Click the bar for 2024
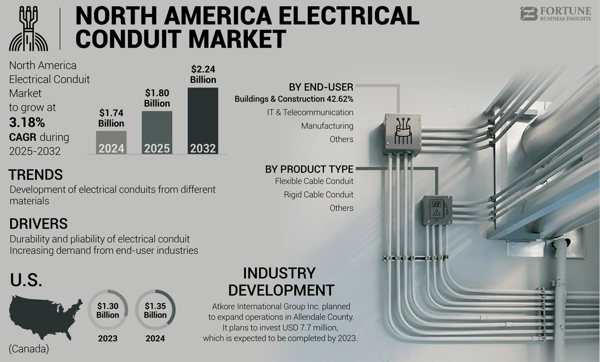coord(111,143)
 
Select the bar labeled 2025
coord(157,133)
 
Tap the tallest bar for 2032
coord(203,121)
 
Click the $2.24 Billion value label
coord(203,74)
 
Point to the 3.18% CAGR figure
coord(27,123)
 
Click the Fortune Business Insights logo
coord(555,14)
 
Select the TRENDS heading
coord(36,175)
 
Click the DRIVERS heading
coord(39,224)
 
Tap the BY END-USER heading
coord(321,87)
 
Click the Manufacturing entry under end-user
coord(327,126)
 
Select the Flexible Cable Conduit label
coord(314,181)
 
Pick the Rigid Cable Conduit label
coord(318,194)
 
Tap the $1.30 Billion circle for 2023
coord(108,310)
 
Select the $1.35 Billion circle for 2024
coord(155,310)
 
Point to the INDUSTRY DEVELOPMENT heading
coord(281,281)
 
